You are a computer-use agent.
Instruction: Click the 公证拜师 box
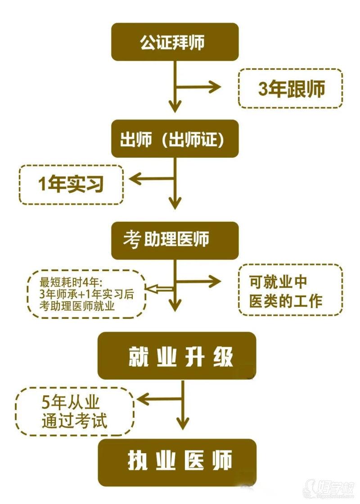[175, 42]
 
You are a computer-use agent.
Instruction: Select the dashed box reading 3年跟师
[290, 89]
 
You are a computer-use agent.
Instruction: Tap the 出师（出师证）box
[175, 139]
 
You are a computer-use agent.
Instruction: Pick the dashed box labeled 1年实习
[71, 184]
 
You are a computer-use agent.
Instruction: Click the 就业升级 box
[176, 356]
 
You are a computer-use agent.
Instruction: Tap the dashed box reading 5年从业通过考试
[75, 412]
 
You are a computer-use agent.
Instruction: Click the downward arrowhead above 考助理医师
[175, 202]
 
